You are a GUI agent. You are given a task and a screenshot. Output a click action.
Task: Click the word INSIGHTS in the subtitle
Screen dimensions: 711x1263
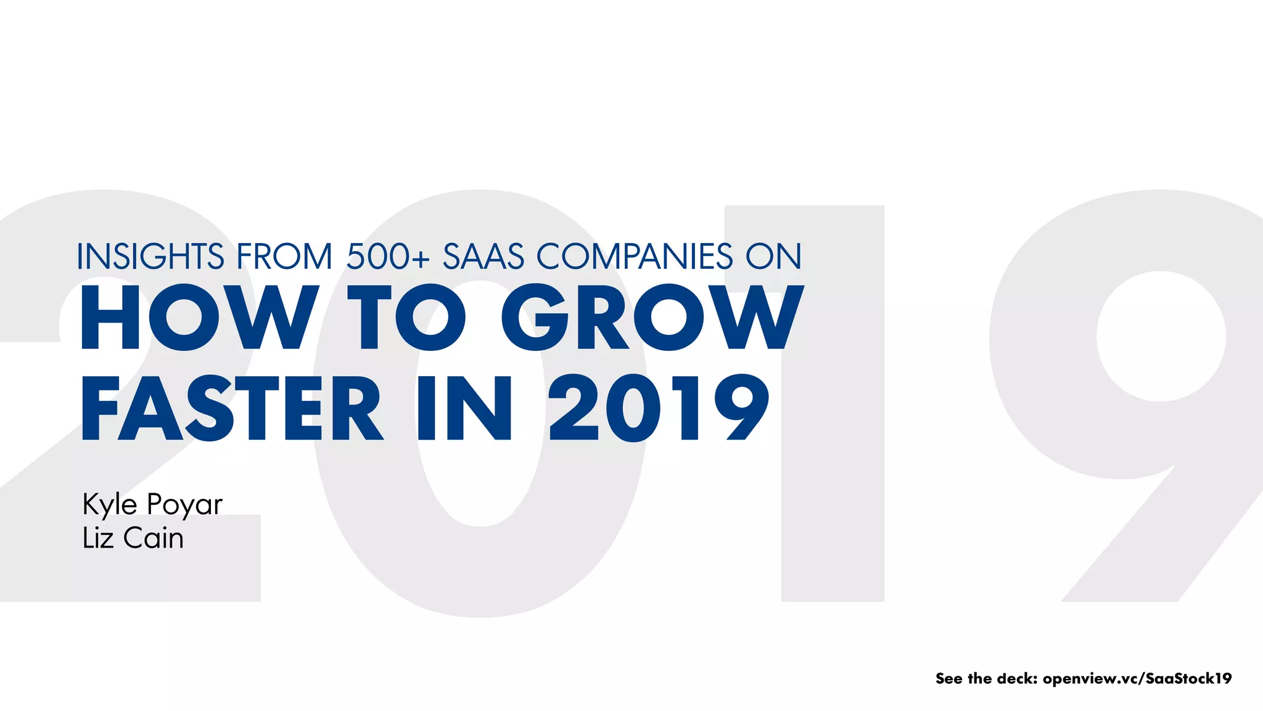point(150,257)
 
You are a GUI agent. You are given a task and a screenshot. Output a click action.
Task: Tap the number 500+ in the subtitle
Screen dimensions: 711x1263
point(387,257)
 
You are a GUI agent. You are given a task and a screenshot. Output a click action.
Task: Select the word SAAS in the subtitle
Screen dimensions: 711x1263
point(483,257)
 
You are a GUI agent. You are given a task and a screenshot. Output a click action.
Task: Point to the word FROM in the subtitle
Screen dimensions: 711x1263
point(284,257)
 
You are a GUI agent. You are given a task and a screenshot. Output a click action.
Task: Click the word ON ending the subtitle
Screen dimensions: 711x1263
point(773,257)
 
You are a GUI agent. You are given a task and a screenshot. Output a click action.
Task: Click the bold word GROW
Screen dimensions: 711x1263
point(652,317)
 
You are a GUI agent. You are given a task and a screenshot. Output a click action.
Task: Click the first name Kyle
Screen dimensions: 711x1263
point(110,504)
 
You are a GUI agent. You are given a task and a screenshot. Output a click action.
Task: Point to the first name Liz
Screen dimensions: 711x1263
point(98,538)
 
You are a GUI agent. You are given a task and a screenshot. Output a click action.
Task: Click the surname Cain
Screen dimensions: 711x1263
point(154,538)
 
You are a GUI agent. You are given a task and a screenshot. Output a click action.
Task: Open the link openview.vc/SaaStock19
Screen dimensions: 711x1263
point(1137,678)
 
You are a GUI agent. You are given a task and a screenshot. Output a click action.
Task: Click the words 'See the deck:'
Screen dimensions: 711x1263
point(985,678)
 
